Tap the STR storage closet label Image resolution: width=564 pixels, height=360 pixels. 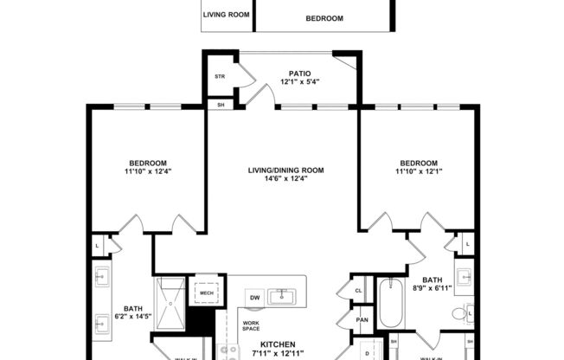(220, 76)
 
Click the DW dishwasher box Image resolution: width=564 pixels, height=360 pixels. (255, 298)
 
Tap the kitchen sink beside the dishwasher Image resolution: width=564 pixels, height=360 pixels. (283, 297)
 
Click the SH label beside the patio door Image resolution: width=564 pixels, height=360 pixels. (220, 106)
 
